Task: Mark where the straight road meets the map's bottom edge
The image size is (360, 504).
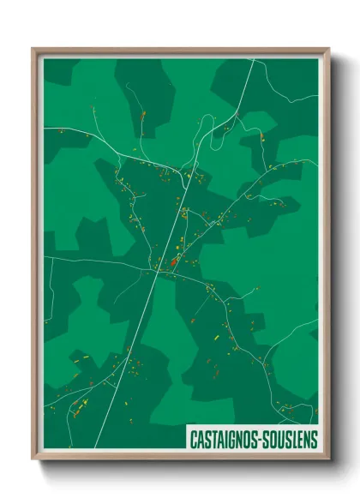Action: [x=95, y=448]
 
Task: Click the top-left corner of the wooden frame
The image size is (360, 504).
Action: [x=33, y=48]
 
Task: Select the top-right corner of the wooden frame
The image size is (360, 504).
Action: [x=329, y=48]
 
